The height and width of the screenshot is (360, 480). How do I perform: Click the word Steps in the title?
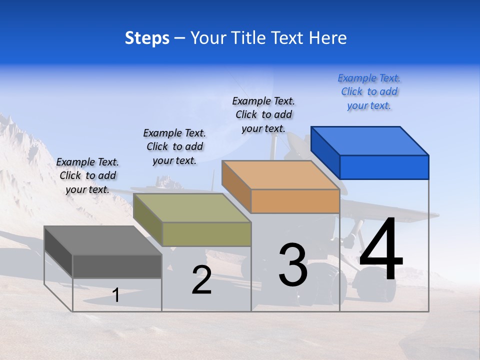(x=147, y=38)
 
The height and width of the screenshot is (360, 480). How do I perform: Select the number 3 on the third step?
(x=293, y=265)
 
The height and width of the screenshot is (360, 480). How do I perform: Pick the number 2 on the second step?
(x=201, y=280)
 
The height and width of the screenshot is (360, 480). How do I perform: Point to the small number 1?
(x=115, y=295)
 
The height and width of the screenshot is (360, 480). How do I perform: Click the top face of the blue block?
(x=370, y=140)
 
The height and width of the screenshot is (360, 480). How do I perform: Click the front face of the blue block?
(x=384, y=167)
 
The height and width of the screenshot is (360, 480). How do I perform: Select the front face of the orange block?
(x=295, y=201)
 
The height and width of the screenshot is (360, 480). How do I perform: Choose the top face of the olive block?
(x=192, y=208)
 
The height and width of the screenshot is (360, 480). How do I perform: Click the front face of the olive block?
(x=206, y=234)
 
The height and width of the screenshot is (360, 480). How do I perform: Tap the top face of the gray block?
(x=103, y=240)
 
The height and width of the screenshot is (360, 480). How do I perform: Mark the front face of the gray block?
(x=117, y=266)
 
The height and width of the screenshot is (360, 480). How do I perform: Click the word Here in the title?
(x=328, y=38)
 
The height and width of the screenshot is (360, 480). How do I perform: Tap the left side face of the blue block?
(x=325, y=150)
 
